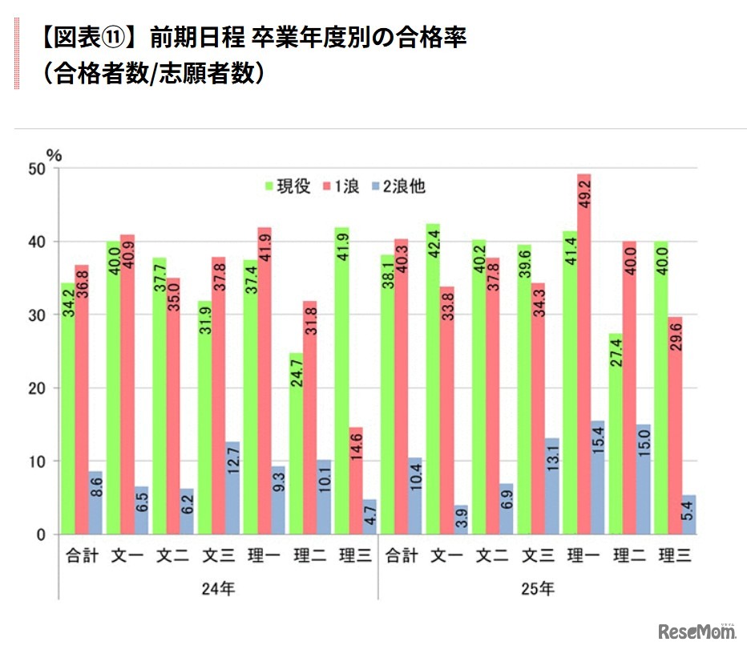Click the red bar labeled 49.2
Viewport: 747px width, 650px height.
pos(583,353)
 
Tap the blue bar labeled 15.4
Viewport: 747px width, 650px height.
pos(598,477)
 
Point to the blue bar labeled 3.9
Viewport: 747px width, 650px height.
pos(461,519)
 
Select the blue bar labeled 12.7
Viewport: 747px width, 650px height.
pos(232,487)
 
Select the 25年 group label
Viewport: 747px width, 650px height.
pos(538,588)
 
